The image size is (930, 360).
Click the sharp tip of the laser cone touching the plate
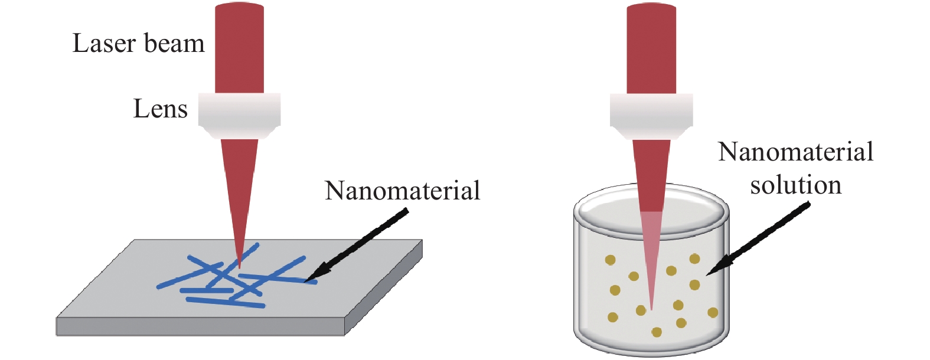tap(239, 269)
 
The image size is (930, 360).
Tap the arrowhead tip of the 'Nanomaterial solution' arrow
tap(706, 275)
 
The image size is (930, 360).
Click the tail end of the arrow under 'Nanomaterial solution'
tap(809, 203)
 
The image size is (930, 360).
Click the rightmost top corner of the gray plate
tap(422, 240)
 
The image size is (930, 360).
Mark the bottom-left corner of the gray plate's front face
tap(57, 335)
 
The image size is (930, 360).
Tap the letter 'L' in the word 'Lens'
tap(140, 109)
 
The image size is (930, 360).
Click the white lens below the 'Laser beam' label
tap(239, 116)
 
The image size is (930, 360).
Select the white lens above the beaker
tap(651, 116)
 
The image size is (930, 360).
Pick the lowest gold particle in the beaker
tap(657, 332)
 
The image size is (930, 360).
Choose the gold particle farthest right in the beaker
tap(713, 312)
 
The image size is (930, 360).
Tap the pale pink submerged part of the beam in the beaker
tap(651, 257)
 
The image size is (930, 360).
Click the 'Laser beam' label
tap(139, 43)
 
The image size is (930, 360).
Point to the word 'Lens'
tap(160, 109)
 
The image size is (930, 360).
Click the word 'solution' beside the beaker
tap(796, 185)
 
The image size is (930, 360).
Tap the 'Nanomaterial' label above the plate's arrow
tap(402, 191)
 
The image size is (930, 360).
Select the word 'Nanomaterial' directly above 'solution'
tap(796, 152)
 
